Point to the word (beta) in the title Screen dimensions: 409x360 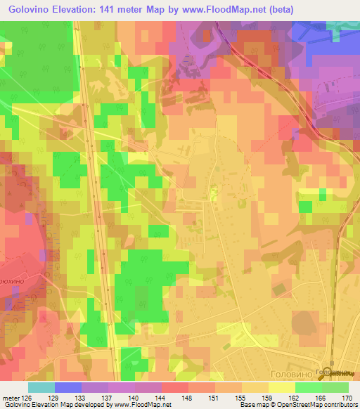(276, 9)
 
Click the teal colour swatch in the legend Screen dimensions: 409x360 (41, 387)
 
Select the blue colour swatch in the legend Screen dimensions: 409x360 (67, 387)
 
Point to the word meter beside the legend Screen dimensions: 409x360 (11, 398)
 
